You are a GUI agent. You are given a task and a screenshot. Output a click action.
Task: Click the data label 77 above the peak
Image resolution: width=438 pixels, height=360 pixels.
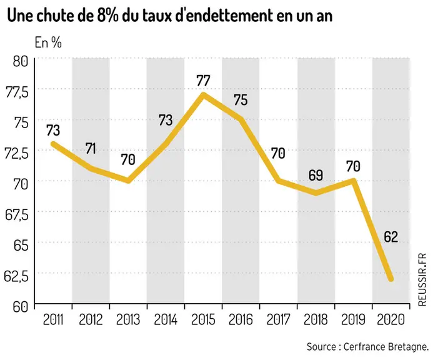pyautogui.click(x=203, y=81)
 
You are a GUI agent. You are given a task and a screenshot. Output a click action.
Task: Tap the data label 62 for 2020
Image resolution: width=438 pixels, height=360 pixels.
pyautogui.click(x=391, y=237)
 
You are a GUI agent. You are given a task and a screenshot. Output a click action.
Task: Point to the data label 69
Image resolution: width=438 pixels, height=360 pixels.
pyautogui.click(x=316, y=175)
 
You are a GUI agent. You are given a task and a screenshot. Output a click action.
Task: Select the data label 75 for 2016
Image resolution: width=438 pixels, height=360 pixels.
pyautogui.click(x=241, y=100)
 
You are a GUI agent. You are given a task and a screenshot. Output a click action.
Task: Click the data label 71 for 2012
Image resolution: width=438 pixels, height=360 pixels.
pyautogui.click(x=91, y=149)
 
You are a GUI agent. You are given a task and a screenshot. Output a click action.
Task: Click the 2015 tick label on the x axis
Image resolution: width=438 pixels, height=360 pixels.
pyautogui.click(x=203, y=320)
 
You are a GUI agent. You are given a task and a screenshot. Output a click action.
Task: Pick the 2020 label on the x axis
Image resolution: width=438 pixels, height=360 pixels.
pyautogui.click(x=391, y=320)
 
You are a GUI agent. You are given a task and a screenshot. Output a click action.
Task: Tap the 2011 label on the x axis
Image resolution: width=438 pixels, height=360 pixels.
pyautogui.click(x=53, y=320)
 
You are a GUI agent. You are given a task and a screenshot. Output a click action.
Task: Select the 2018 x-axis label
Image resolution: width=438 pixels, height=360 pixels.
pyautogui.click(x=316, y=320)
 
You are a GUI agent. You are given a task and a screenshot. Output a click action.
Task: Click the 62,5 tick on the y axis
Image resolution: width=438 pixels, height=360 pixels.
pyautogui.click(x=16, y=276)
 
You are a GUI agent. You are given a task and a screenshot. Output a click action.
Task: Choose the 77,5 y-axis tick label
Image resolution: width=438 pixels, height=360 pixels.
pyautogui.click(x=16, y=92)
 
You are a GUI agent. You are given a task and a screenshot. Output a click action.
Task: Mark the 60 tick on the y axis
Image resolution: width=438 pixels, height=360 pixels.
pyautogui.click(x=21, y=307)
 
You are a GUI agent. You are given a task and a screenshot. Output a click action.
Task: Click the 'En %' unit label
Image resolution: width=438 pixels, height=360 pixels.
pyautogui.click(x=48, y=42)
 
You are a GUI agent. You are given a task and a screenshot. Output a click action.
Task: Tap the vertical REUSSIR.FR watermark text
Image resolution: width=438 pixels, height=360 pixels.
pyautogui.click(x=422, y=279)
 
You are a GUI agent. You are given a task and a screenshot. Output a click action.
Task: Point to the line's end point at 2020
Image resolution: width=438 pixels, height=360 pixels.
pyautogui.click(x=391, y=279)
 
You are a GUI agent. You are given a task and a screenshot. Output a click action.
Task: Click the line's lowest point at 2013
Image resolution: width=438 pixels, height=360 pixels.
pyautogui.click(x=128, y=181)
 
